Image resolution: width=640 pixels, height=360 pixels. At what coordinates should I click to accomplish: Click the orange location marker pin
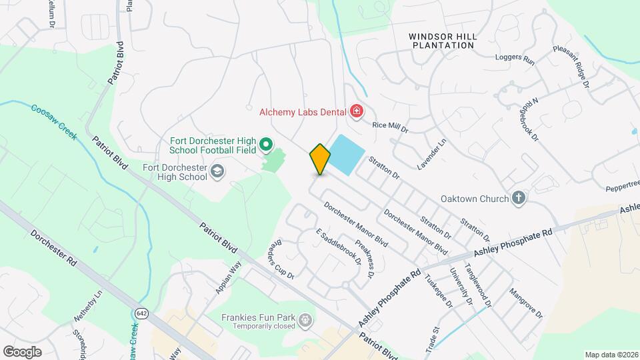[320, 159]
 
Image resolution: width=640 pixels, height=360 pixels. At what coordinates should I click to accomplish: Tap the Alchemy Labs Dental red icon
[357, 111]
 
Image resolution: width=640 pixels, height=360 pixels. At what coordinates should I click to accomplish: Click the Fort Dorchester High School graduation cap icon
[217, 172]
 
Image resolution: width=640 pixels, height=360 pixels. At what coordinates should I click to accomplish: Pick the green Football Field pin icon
[266, 144]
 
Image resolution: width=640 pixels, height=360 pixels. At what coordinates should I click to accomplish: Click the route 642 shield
[141, 313]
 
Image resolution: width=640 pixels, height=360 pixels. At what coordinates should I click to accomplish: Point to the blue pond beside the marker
[347, 155]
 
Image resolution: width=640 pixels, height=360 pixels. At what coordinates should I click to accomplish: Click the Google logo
[23, 351]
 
